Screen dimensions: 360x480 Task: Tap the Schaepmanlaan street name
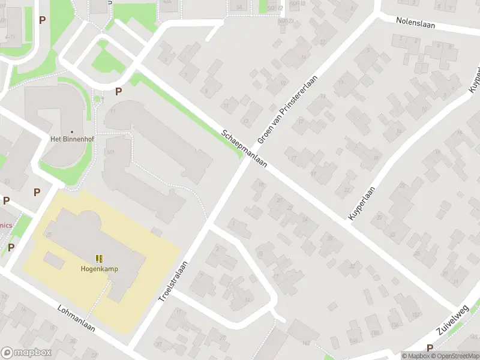coord(244,150)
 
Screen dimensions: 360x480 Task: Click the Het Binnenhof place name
coord(72,139)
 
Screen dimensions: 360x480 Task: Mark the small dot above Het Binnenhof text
coord(72,131)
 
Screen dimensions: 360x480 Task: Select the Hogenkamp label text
coord(100,269)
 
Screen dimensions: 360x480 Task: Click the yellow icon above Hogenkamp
coord(100,259)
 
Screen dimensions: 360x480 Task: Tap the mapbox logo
coord(26,353)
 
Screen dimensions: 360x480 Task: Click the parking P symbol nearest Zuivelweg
coord(430,348)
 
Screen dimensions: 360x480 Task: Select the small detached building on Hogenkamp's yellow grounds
coord(54,261)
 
